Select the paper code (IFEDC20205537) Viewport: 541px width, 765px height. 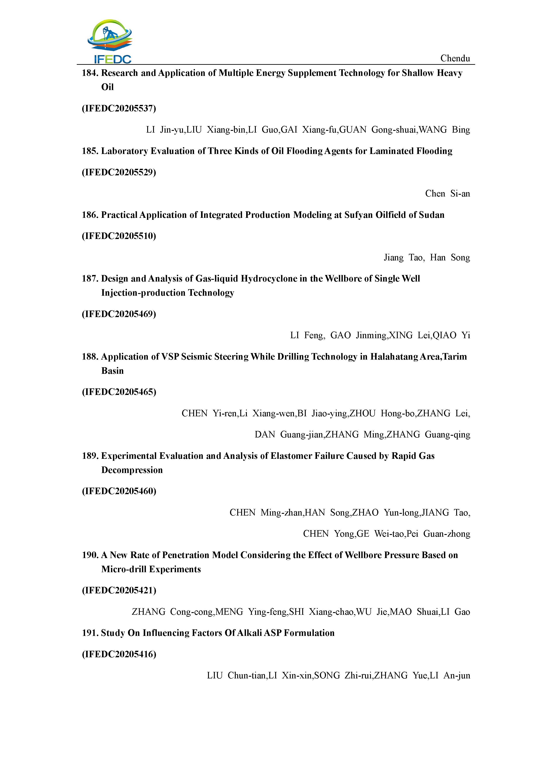pyautogui.click(x=119, y=109)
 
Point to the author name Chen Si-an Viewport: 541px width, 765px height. pyautogui.click(x=447, y=194)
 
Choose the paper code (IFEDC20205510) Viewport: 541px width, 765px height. pyautogui.click(x=119, y=236)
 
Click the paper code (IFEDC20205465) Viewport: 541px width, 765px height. pyautogui.click(x=119, y=392)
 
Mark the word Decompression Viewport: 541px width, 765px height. pyautogui.click(x=132, y=470)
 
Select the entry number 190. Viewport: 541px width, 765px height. pyautogui.click(x=90, y=555)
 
